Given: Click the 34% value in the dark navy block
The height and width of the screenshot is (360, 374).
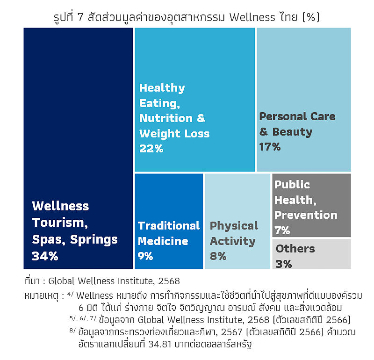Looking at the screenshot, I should click(45, 256).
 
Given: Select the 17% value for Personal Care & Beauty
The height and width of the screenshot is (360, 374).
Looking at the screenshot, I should click(270, 147).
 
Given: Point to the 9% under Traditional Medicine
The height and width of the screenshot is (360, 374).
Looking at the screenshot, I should click(146, 256).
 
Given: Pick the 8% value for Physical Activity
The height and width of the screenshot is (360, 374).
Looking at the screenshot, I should click(218, 256).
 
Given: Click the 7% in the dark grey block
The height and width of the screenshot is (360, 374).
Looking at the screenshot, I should click(282, 230).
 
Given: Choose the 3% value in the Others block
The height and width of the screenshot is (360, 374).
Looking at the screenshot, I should click(284, 264).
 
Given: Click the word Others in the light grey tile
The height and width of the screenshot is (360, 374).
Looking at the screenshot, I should click(295, 249).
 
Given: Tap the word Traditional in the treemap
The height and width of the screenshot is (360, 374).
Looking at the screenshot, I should click(169, 226).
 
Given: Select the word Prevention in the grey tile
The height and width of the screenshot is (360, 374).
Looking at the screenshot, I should click(306, 215).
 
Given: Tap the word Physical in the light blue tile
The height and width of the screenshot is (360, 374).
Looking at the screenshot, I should click(234, 226).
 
